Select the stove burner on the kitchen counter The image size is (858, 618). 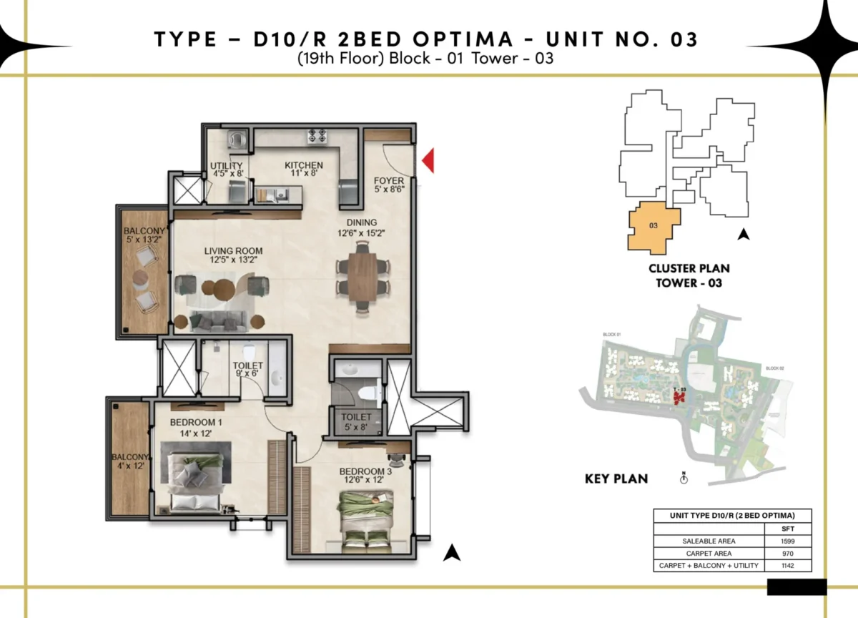(x=317, y=134)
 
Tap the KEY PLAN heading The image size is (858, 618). (x=616, y=479)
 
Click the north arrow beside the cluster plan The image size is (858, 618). (x=744, y=233)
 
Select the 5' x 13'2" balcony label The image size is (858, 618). (x=144, y=235)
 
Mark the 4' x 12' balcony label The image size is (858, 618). (x=129, y=461)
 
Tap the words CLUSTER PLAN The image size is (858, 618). (x=689, y=269)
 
